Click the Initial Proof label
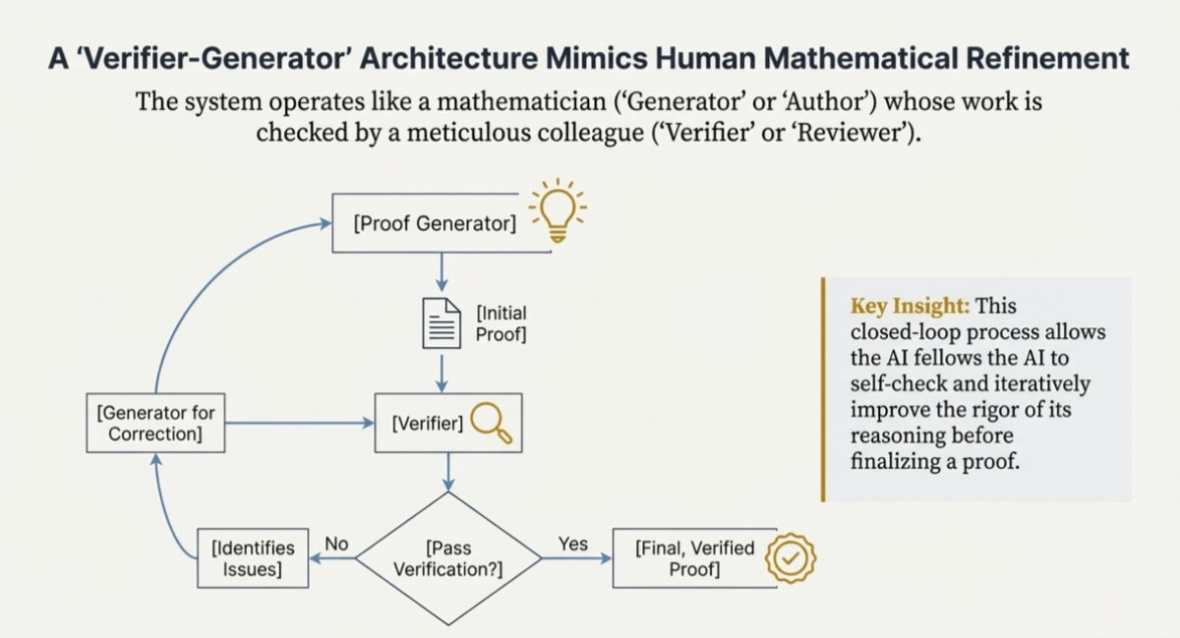[501, 323]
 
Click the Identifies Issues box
[254, 556]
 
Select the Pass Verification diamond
[447, 557]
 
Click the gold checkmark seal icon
[792, 557]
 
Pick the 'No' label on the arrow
[337, 544]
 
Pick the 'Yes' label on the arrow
[572, 544]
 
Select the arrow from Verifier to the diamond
[449, 472]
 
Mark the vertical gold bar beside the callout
[823, 389]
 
